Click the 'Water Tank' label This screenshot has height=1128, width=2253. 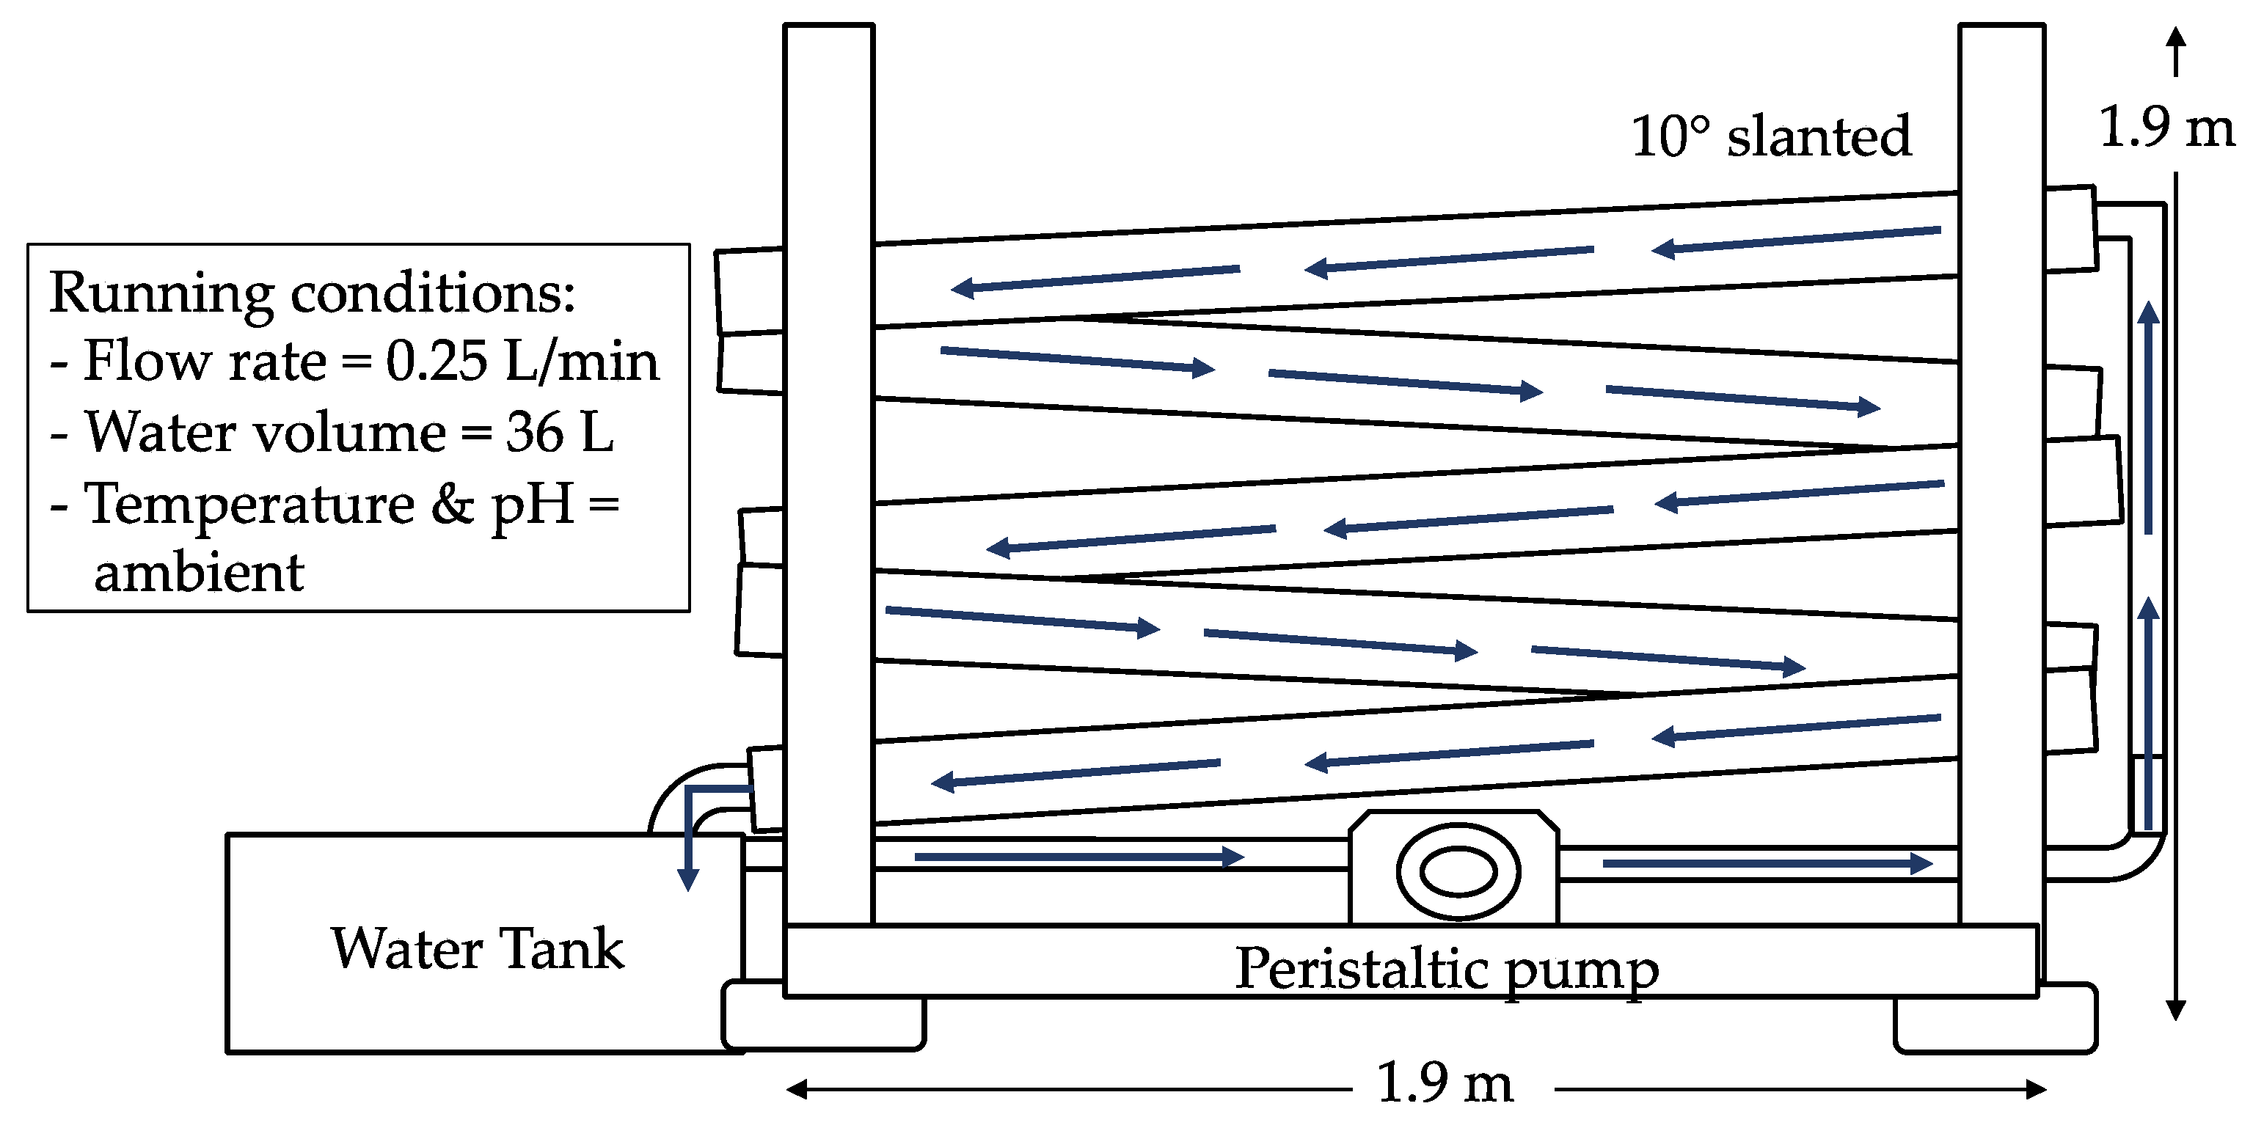(x=478, y=949)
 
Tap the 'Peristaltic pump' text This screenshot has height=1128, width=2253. (x=1446, y=970)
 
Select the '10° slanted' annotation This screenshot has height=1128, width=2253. (x=1771, y=137)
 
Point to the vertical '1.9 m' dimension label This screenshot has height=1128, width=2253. (x=2166, y=127)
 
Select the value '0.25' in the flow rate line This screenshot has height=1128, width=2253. (x=436, y=360)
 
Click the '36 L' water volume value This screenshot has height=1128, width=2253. (x=560, y=432)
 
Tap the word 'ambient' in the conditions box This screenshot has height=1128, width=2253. (x=199, y=573)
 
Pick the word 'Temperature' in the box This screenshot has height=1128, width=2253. (x=249, y=505)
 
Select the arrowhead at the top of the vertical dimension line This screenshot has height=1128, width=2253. (x=2176, y=40)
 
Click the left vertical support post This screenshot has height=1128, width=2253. (x=828, y=472)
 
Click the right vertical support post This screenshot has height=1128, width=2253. (x=2001, y=472)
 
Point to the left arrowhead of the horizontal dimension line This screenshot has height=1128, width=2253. (x=796, y=1088)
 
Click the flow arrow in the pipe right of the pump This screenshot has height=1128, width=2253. (x=1767, y=864)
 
